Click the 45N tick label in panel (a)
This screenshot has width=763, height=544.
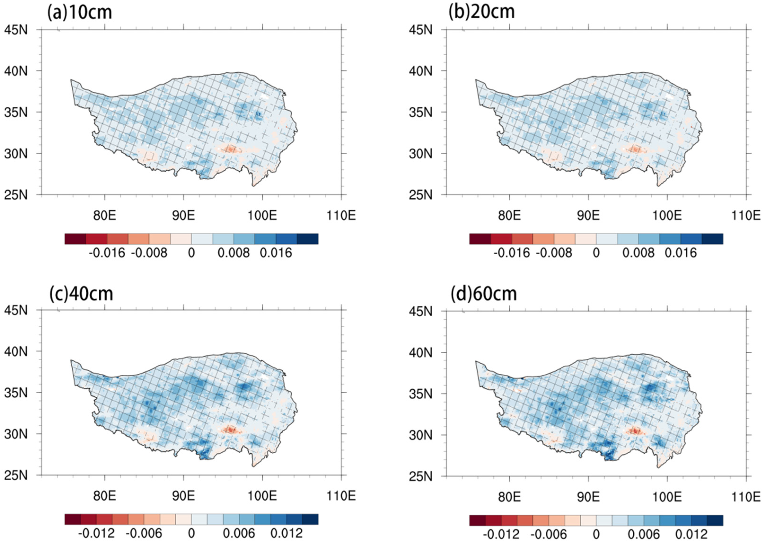point(16,30)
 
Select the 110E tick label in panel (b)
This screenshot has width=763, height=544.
point(745,215)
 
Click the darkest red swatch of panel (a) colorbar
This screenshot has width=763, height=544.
point(75,239)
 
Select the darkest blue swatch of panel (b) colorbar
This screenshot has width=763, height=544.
point(712,239)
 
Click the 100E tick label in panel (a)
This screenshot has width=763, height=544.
point(262,215)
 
